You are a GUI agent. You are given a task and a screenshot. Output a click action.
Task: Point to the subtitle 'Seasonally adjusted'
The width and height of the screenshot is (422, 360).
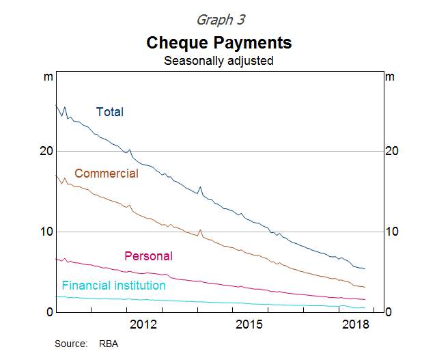point(219,60)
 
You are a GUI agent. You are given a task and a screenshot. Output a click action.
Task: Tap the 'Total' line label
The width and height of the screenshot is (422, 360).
point(110,112)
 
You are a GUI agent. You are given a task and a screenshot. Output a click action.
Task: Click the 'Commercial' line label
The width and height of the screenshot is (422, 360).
point(107,174)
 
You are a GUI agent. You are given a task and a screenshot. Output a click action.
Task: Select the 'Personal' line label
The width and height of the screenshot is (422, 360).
point(148,256)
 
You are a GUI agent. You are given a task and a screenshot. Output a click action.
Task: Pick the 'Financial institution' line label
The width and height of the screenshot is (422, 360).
point(113,286)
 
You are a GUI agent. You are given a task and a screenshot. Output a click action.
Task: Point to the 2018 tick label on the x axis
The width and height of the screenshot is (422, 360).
point(355,323)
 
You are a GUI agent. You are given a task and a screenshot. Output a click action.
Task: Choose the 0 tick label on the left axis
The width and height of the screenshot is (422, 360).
point(48,312)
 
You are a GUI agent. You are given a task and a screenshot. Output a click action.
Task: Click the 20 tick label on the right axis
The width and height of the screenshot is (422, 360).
point(393,151)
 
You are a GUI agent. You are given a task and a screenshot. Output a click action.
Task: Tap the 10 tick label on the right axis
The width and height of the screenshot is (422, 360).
point(393,232)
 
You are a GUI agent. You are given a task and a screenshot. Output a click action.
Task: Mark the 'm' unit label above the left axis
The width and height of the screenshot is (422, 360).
point(48,77)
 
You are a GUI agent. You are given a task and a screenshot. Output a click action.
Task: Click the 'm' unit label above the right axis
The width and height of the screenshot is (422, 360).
point(390,77)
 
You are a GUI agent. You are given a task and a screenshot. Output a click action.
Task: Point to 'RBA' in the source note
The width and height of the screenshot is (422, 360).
point(109,344)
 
